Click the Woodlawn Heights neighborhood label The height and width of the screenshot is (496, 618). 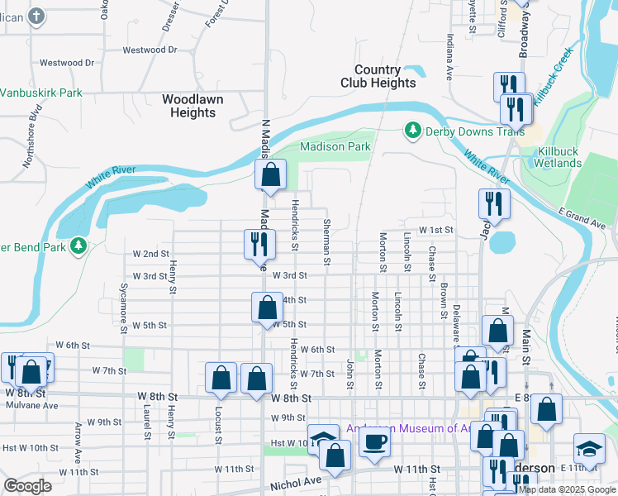coord(192,106)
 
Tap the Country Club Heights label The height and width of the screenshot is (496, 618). coord(378,77)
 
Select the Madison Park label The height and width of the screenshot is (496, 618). coord(335,146)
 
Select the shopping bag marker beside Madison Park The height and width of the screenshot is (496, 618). coord(270,174)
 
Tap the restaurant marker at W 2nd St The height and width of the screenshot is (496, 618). coord(258,243)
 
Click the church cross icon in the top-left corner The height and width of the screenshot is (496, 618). coord(36,15)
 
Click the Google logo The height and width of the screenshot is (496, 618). coord(27,486)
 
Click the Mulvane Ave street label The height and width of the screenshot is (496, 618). coord(32,406)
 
